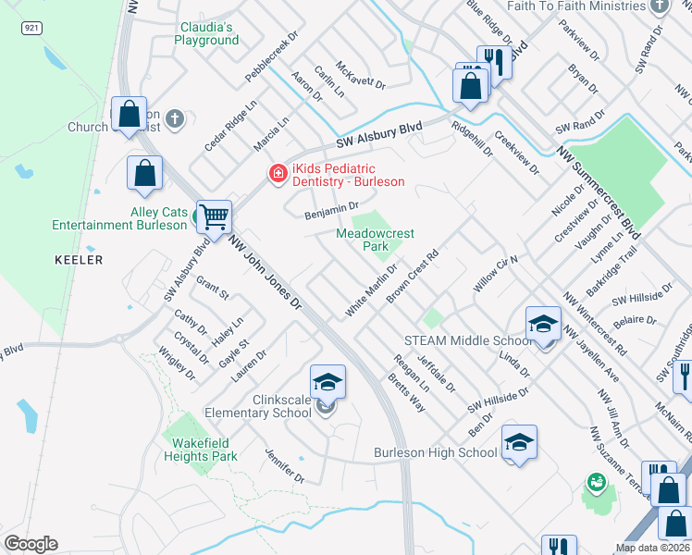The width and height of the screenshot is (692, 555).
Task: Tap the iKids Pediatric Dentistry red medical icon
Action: coord(277,173)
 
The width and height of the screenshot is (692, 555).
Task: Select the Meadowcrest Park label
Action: coord(375,240)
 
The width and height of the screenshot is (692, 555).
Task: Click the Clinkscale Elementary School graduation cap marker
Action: coord(327,382)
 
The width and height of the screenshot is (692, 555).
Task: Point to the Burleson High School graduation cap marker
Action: coord(519,442)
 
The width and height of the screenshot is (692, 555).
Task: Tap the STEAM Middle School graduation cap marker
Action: coord(543,323)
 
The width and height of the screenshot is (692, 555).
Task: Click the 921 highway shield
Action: coord(32,29)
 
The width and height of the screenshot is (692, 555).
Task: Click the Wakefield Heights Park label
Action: coord(200,450)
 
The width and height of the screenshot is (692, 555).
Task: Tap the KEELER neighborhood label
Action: coord(79,261)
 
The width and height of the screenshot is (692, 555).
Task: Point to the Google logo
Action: coord(31,544)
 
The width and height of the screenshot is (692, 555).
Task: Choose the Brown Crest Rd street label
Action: coord(412,275)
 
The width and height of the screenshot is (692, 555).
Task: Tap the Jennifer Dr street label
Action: coord(284,465)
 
